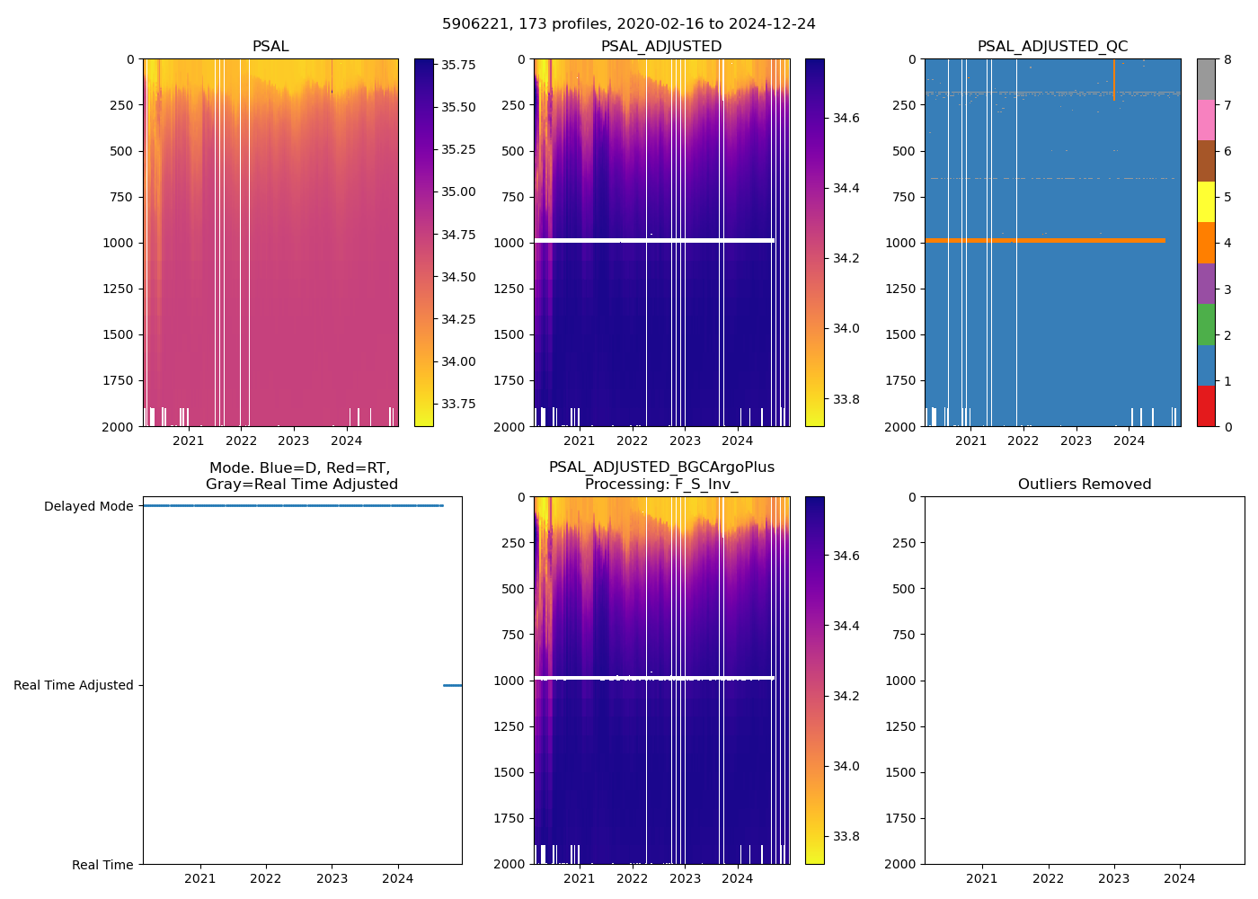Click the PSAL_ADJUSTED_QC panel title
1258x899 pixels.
click(1052, 47)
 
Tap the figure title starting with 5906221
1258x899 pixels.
click(628, 24)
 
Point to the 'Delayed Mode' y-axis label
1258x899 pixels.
click(88, 506)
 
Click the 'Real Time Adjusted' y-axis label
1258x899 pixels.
click(74, 685)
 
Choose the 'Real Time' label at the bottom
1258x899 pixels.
click(102, 865)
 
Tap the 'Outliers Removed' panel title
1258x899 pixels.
click(1084, 485)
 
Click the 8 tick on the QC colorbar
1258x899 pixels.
click(1227, 59)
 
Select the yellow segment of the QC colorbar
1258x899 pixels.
click(1206, 201)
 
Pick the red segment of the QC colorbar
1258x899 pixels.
click(1206, 405)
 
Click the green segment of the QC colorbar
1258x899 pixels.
click(1206, 324)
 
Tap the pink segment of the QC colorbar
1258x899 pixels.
click(1206, 120)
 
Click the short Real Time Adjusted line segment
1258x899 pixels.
click(452, 685)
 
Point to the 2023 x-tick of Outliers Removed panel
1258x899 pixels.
click(1113, 878)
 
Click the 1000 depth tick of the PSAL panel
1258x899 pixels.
click(119, 243)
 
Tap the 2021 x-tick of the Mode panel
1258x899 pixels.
click(199, 878)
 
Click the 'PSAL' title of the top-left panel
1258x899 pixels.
click(270, 47)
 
